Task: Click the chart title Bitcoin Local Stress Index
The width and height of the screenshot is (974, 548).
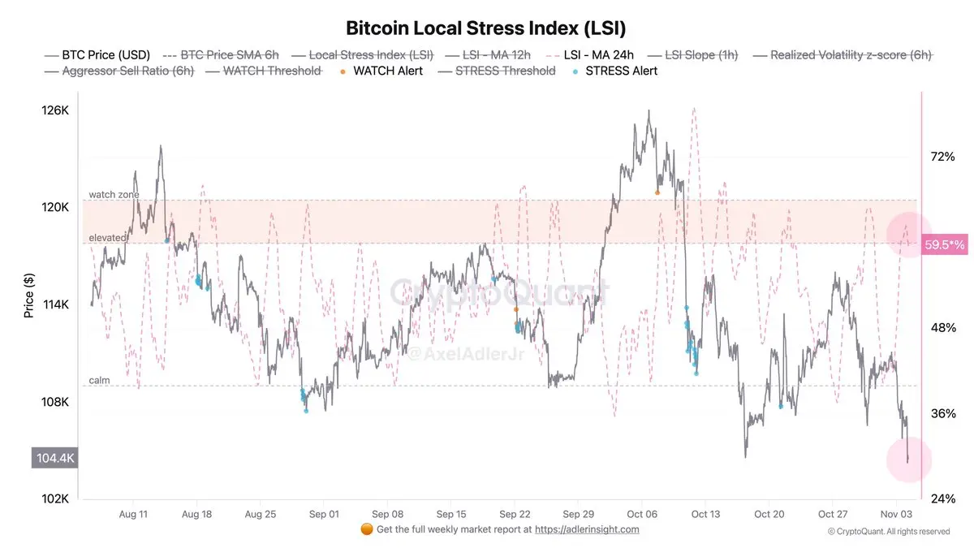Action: coord(486,28)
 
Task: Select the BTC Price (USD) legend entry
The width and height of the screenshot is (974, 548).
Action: coord(106,55)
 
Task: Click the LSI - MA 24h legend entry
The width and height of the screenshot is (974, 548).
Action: coord(599,55)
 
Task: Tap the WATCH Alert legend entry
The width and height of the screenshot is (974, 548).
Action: coord(387,71)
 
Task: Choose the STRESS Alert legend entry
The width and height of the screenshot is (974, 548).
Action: coord(621,71)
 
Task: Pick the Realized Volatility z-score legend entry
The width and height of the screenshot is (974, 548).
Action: coord(851,55)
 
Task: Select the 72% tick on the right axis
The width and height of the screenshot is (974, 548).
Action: coord(942,156)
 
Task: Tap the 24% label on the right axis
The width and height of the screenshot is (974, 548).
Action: coord(942,498)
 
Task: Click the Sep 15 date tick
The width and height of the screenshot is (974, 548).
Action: coord(450,514)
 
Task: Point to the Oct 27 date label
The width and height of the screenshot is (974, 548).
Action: coord(832,514)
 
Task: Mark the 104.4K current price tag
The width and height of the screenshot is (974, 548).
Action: coord(55,458)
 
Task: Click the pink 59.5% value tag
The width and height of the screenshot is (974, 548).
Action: coord(944,244)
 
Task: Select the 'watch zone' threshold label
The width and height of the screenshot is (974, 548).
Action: coord(114,195)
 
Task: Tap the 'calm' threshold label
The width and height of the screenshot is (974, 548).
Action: coord(99,380)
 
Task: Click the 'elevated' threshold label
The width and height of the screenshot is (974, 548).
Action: coord(107,238)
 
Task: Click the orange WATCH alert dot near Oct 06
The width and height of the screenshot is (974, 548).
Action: coord(657,192)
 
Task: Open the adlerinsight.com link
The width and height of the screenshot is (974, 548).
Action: coord(587,529)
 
